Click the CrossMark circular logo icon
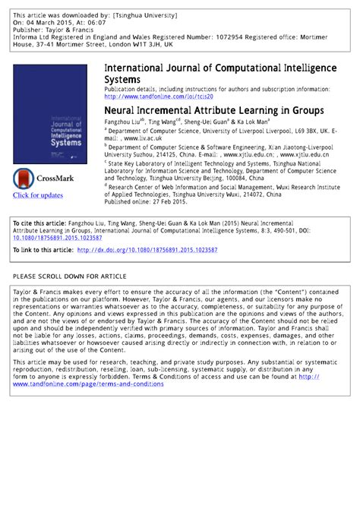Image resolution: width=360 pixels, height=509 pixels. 24,179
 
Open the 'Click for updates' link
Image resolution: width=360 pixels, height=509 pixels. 38,196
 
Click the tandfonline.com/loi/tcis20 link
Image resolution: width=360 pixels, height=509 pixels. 159,96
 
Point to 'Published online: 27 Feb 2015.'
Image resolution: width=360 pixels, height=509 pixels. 147,203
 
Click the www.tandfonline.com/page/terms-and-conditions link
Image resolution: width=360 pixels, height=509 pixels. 87,384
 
